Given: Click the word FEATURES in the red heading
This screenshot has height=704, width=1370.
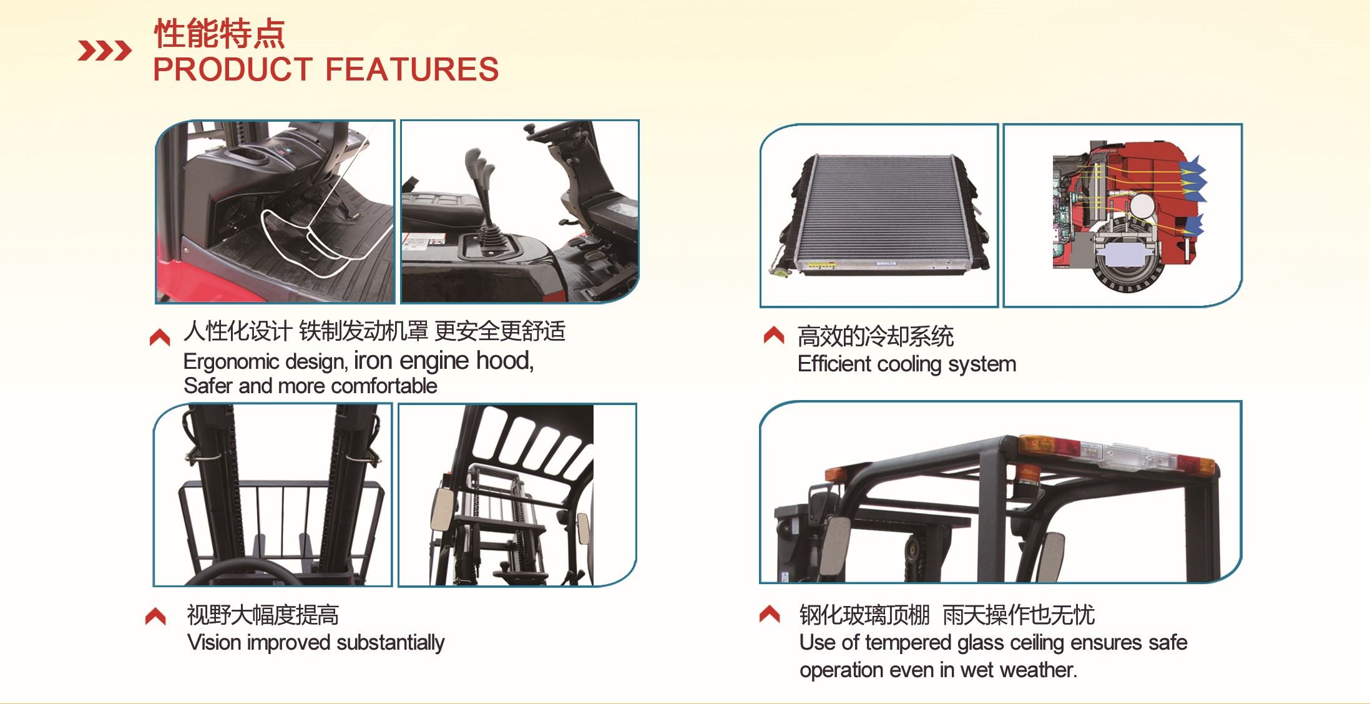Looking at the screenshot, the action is [412, 69].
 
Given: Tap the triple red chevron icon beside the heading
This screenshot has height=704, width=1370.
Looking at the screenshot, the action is [104, 51].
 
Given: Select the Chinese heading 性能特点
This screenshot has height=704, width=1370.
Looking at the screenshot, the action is [220, 33].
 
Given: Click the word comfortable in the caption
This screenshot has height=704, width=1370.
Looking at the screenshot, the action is [384, 386].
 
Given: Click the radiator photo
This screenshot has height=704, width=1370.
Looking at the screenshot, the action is [880, 216].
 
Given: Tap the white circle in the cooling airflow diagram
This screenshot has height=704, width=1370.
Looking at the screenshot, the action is [1142, 206].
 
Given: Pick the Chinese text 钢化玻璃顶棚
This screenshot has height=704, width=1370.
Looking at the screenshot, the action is [864, 615].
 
